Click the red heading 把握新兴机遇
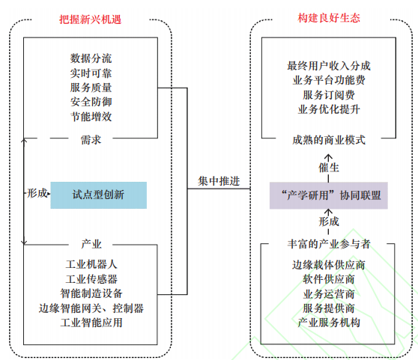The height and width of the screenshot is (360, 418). click(91, 19)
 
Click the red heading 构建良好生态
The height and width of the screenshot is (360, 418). click(329, 18)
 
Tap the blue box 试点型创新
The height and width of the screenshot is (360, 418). click(98, 195)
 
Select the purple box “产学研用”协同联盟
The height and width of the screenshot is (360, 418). click(328, 195)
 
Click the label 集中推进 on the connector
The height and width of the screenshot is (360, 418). click(219, 181)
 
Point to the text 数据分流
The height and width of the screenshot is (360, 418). click(91, 58)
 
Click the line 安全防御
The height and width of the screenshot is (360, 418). click(91, 102)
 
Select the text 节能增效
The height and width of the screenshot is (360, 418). click(91, 117)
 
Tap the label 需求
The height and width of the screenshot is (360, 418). click(91, 140)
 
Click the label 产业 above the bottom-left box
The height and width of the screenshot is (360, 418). click(91, 244)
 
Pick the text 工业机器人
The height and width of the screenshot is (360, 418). click(91, 264)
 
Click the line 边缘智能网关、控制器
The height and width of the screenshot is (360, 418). click(91, 308)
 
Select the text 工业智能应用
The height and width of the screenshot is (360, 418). click(91, 323)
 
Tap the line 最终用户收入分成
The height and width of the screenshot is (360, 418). click(329, 66)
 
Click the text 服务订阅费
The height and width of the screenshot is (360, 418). click(329, 95)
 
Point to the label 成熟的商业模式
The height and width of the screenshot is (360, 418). click(329, 140)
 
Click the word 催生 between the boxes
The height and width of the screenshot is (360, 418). click(329, 168)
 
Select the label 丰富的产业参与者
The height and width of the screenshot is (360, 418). click(329, 244)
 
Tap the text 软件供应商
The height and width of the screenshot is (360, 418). click(329, 279)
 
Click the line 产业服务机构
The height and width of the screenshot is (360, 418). click(329, 323)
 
